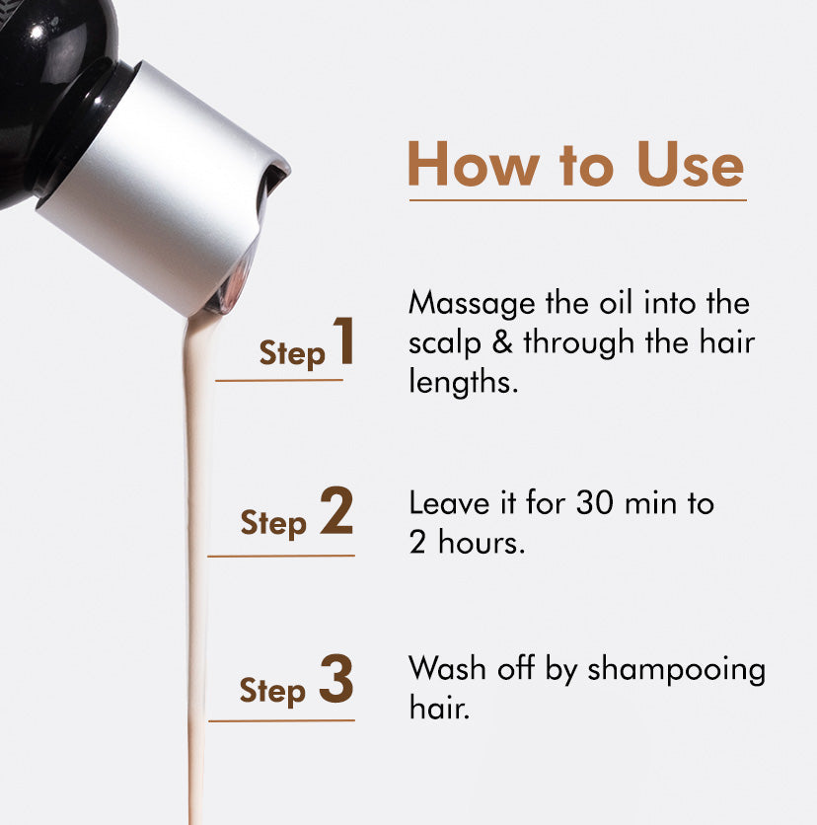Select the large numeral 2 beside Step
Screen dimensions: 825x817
pos(336,513)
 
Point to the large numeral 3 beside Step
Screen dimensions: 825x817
pos(336,681)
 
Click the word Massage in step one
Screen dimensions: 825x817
pos(463,304)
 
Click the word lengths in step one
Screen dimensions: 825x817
pos(463,383)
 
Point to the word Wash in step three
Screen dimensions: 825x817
pos(440,669)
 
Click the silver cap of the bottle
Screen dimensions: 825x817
pos(158,183)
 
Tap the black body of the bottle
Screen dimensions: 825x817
pos(49,79)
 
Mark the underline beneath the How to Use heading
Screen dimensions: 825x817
pos(577,200)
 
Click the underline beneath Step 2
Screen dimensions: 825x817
pos(281,556)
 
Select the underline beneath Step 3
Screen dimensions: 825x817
pos(281,720)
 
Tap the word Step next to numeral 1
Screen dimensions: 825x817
pos(291,353)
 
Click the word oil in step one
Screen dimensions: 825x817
pos(618,303)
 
